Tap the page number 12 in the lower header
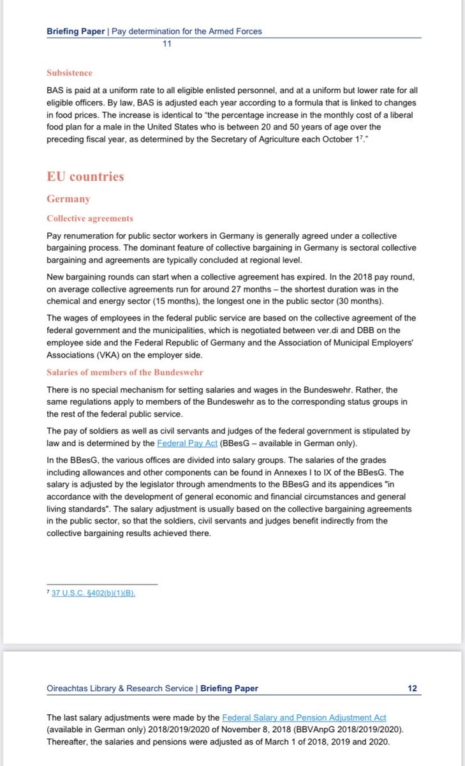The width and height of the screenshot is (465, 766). [x=412, y=688]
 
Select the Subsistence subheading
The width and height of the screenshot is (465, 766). [x=70, y=73]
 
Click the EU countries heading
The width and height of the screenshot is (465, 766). [x=85, y=176]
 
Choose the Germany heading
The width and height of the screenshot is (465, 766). [x=68, y=199]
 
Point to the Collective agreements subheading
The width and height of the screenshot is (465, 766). [x=90, y=218]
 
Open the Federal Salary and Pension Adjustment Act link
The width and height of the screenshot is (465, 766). [x=304, y=718]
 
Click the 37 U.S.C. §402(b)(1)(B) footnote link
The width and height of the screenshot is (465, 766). [x=94, y=593]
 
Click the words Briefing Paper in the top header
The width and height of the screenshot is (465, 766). [x=76, y=31]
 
